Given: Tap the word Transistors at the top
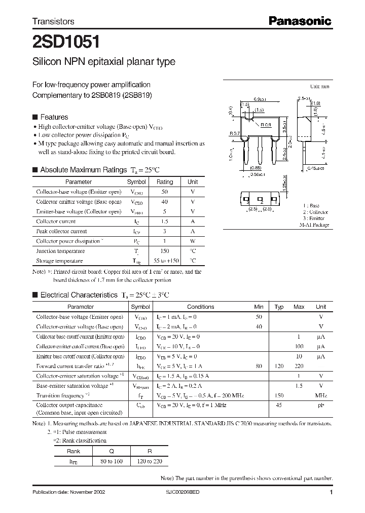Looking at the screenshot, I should point(53,22).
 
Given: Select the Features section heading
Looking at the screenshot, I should point(54,117).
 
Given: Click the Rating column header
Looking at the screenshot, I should point(165,182).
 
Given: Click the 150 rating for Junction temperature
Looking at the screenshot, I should point(165,251).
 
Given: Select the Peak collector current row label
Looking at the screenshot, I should point(61,231).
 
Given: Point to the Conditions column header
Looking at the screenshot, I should point(201,307).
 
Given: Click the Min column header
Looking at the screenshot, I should point(259,307).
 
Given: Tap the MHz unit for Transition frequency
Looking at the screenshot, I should point(321,395).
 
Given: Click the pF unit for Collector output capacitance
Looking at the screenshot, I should point(321,405).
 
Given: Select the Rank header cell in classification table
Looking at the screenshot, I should point(74,451).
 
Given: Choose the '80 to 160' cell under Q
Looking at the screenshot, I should point(111,461).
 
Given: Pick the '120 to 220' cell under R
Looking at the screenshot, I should point(149,461).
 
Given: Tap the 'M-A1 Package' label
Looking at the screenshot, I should point(314,225).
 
